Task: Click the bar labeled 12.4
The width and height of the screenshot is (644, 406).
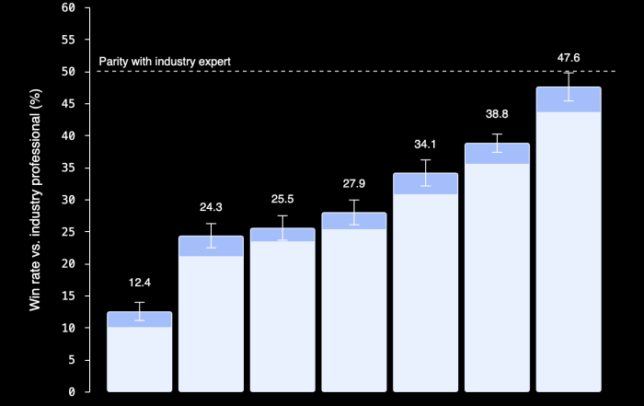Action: [139, 354]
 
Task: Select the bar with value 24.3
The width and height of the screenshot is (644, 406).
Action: [211, 318]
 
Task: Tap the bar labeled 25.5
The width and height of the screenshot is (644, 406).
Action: [282, 313]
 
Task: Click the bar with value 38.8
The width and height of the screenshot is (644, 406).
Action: [497, 272]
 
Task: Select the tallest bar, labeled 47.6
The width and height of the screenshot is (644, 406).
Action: [569, 244]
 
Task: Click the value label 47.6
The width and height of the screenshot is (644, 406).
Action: [569, 58]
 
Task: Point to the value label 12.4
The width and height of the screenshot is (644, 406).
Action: [139, 283]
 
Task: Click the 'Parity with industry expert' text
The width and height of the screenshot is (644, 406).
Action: [165, 62]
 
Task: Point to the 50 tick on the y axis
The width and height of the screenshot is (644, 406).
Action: [69, 72]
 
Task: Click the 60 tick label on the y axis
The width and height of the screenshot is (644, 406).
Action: [69, 8]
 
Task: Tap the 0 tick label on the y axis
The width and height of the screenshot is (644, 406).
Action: [72, 392]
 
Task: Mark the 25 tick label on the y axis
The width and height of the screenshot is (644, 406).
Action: [69, 232]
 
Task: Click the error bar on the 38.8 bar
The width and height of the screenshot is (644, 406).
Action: [497, 143]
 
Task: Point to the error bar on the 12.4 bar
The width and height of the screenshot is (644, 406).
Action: [139, 311]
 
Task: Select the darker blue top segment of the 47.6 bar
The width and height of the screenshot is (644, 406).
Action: [569, 99]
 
